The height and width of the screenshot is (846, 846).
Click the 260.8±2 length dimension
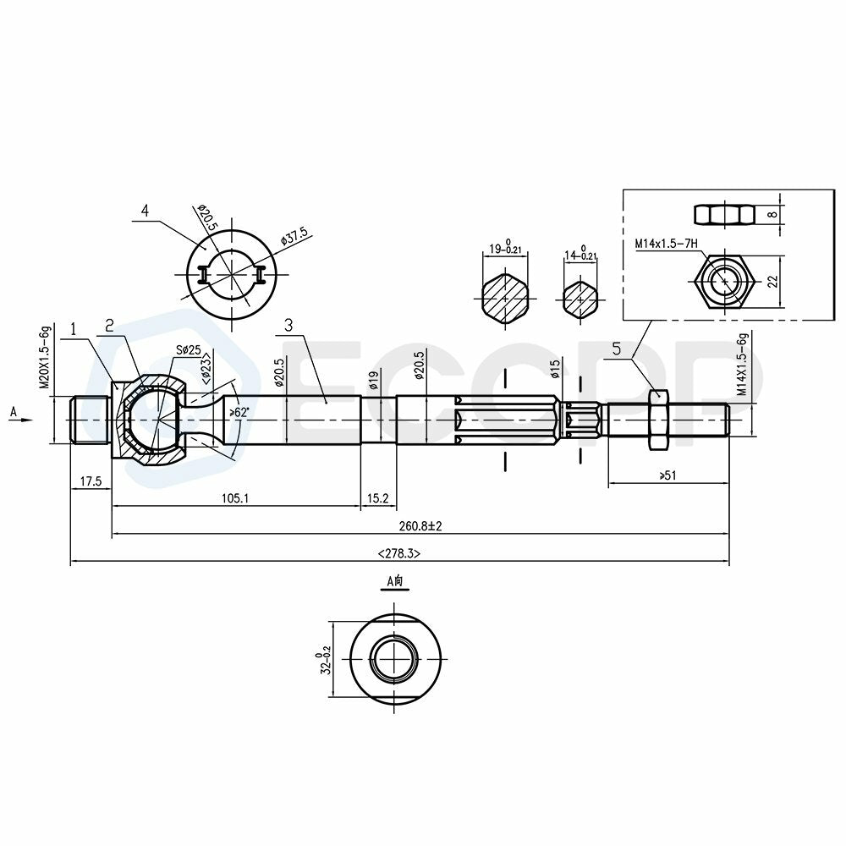click(420, 525)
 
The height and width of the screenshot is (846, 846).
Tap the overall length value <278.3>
click(399, 553)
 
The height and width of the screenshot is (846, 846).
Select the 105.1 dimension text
click(235, 498)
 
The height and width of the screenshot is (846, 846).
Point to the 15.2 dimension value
click(377, 498)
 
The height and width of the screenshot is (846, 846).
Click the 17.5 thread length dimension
click(91, 481)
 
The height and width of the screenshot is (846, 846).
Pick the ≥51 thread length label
click(667, 475)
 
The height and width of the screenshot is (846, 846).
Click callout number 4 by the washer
click(145, 210)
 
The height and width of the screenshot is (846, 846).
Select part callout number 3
click(288, 325)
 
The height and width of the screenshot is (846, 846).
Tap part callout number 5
click(617, 349)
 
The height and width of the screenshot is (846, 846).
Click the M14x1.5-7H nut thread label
click(667, 244)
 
